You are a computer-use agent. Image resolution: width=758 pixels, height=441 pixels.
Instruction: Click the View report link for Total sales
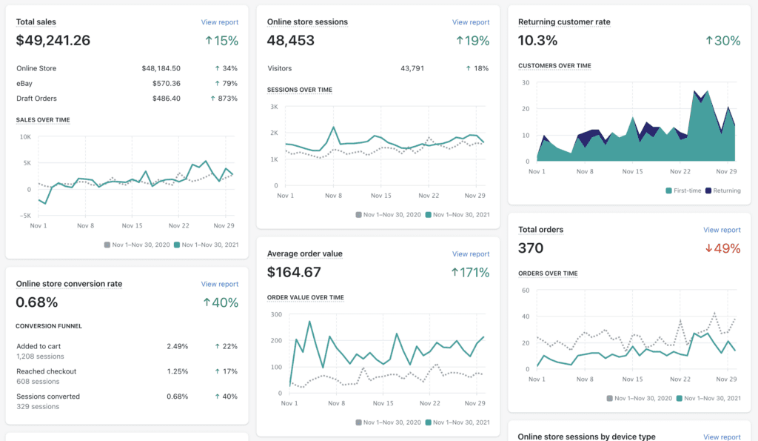point(219,22)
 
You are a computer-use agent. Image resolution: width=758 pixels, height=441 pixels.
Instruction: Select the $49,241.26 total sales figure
point(53,41)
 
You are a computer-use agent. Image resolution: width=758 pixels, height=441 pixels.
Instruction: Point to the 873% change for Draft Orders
point(224,98)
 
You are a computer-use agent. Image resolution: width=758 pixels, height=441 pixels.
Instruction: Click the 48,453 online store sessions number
point(291,41)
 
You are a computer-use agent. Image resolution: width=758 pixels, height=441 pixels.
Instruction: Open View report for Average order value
point(471,254)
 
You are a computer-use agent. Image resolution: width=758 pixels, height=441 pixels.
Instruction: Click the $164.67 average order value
point(294,273)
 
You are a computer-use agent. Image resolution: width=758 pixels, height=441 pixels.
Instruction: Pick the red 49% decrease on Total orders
point(722,248)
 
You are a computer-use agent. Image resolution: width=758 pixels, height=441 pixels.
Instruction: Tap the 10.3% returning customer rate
point(537,41)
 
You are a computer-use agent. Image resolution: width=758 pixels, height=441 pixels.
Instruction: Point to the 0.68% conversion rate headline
point(37,302)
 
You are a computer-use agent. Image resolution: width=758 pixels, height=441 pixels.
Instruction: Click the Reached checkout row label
point(46,371)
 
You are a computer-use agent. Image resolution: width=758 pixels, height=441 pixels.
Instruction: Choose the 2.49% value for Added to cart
point(177,346)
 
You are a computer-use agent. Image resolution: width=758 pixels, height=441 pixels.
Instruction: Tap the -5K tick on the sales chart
point(24,216)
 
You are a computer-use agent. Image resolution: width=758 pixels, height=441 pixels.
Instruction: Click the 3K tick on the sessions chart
point(273,107)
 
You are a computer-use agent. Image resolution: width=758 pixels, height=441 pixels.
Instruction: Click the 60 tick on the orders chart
point(525,290)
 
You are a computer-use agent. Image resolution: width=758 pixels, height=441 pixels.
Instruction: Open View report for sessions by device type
point(722,437)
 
